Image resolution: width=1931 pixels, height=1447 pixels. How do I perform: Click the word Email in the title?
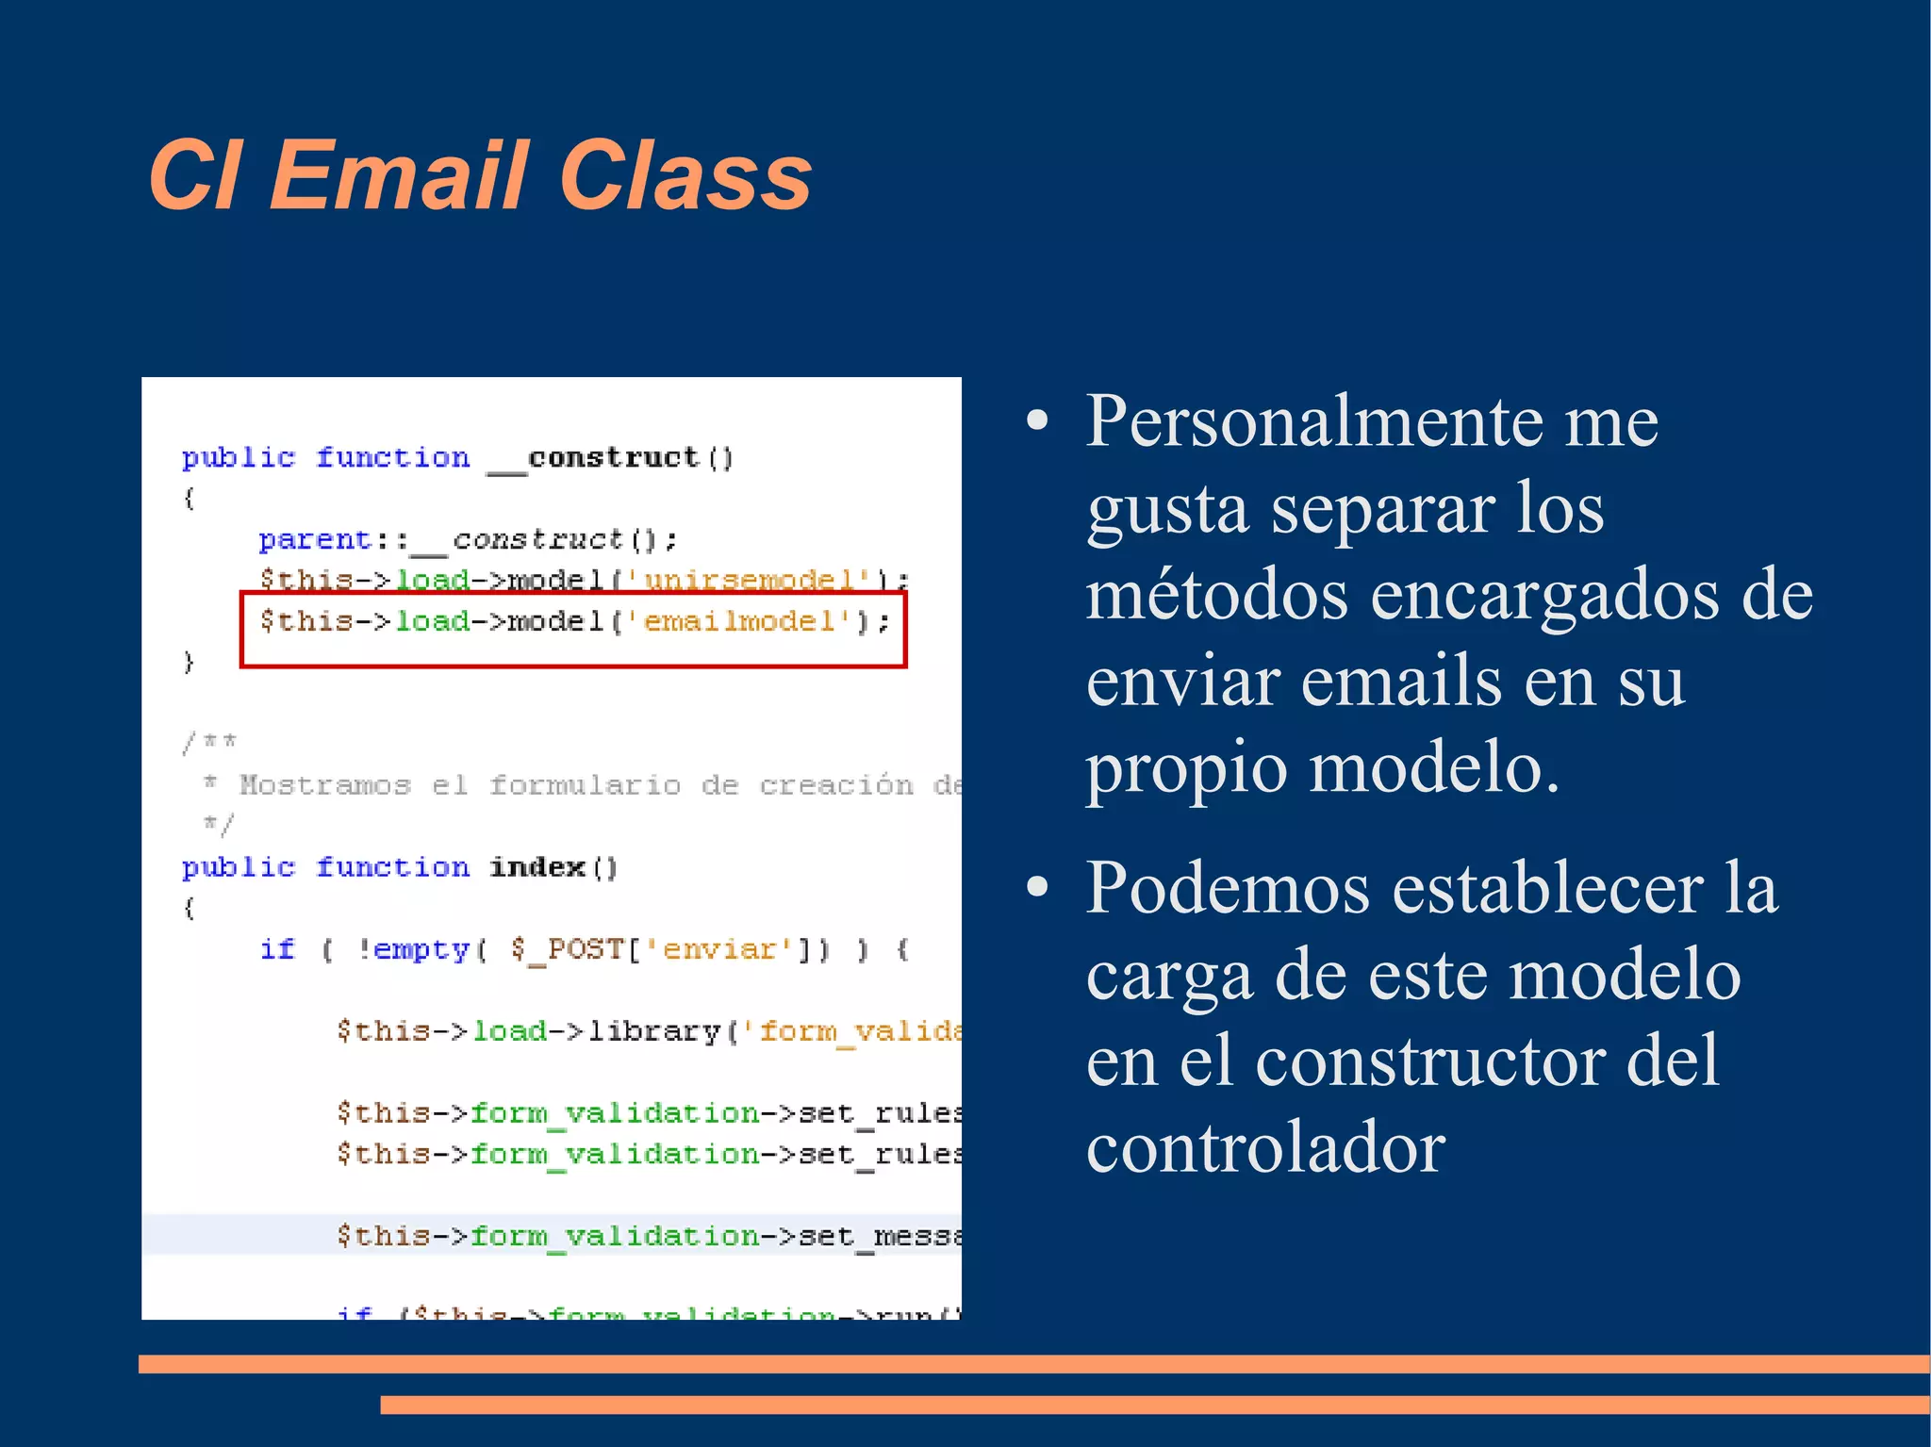tap(398, 175)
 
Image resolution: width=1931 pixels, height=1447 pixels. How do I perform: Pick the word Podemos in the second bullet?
tap(1228, 888)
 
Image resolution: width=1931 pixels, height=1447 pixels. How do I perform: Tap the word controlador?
tap(1265, 1148)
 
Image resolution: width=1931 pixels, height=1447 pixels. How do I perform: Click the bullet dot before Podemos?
tap(1037, 887)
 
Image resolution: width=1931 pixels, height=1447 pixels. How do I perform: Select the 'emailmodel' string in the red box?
tap(739, 621)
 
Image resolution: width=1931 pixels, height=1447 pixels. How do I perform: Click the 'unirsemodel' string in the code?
tap(749, 579)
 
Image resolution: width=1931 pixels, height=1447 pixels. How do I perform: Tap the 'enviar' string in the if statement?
tap(719, 949)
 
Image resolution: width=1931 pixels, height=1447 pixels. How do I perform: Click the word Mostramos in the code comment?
tap(324, 785)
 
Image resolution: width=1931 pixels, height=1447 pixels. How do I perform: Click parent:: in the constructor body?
tap(332, 540)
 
